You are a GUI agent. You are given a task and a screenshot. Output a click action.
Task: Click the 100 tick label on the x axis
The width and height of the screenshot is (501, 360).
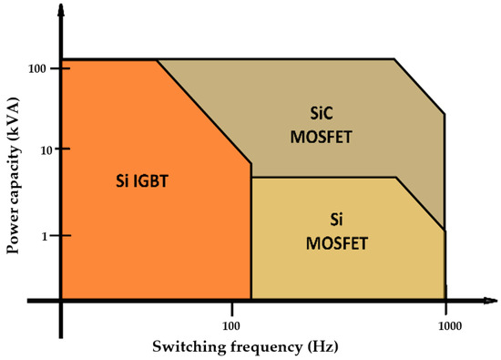tap(231, 323)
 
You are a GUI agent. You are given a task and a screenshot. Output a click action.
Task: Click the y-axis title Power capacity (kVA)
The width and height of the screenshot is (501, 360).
tap(15, 170)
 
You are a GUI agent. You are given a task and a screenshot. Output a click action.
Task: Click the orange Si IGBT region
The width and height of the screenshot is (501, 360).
tap(137, 237)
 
